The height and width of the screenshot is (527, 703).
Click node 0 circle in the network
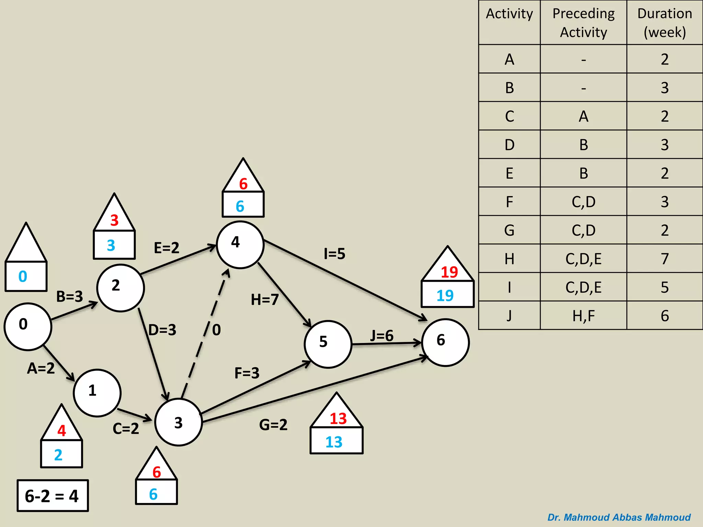(x=28, y=326)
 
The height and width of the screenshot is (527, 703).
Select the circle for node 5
(x=328, y=344)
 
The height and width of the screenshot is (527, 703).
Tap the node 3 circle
(x=178, y=422)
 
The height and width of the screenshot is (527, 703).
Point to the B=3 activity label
(x=70, y=296)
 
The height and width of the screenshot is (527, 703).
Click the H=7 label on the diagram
(x=265, y=300)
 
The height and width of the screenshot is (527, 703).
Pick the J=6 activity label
(x=382, y=336)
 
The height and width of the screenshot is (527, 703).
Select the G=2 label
(x=273, y=425)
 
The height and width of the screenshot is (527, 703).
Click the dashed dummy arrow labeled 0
(x=205, y=335)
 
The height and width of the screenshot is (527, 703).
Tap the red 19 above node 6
(x=449, y=272)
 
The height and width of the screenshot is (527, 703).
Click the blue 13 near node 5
(x=334, y=442)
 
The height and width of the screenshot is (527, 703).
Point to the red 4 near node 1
(x=62, y=431)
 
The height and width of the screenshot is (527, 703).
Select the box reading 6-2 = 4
(x=53, y=496)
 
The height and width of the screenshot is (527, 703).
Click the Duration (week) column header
(x=665, y=23)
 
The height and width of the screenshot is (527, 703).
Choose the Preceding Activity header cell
(x=584, y=23)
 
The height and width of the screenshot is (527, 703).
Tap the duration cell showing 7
(x=665, y=259)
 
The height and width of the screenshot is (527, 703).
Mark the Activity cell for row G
(x=509, y=230)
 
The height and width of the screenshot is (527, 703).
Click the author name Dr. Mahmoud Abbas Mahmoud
(x=619, y=517)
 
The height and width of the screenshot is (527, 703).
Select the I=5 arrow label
(x=335, y=254)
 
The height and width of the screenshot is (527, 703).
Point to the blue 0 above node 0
(x=23, y=277)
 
